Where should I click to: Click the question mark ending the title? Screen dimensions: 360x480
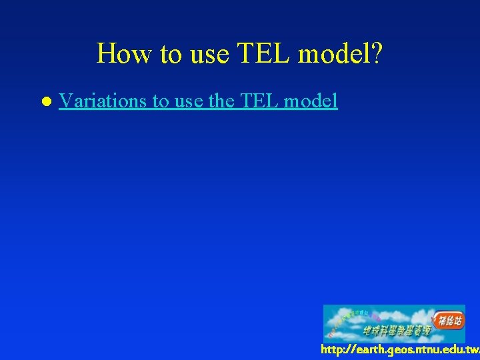[377, 53]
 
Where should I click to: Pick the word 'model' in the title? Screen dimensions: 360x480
[331, 53]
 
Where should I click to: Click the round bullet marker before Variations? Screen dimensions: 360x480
[45, 102]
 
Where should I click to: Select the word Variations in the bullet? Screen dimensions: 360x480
[103, 101]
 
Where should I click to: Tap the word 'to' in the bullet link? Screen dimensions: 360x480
[161, 101]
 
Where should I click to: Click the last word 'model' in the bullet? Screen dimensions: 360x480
[311, 101]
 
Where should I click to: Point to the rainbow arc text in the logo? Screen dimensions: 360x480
[350, 319]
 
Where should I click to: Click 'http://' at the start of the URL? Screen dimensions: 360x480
[337, 350]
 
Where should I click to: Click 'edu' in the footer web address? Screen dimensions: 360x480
[452, 350]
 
